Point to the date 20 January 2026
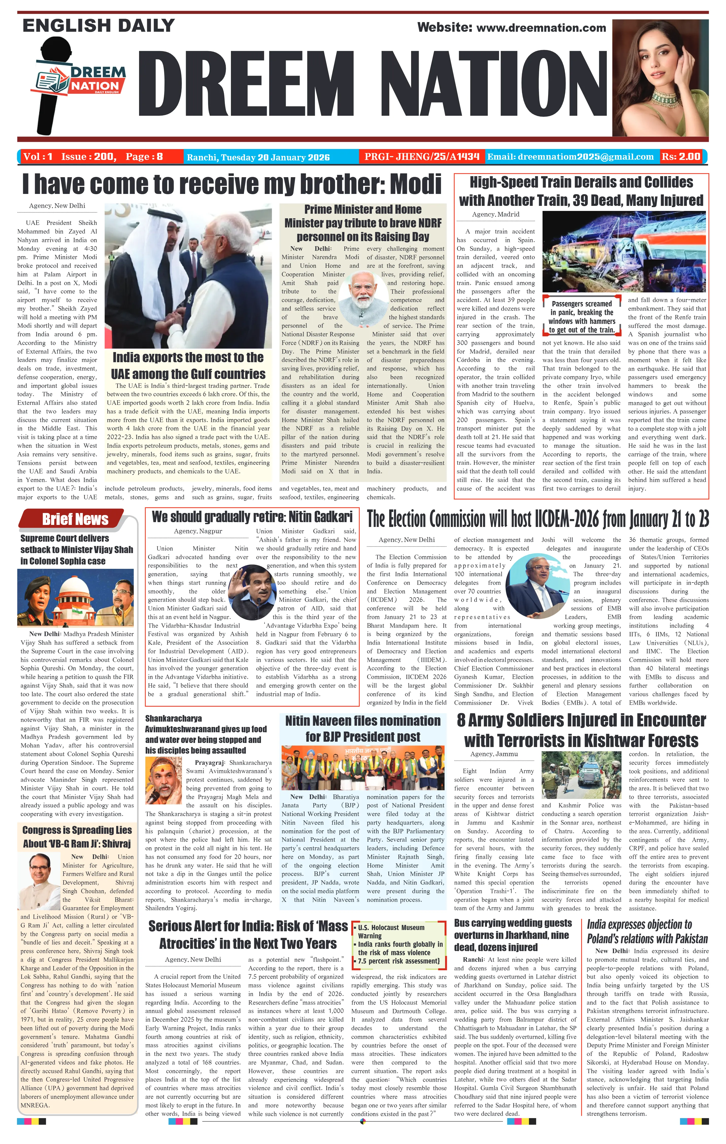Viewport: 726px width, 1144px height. click(293, 157)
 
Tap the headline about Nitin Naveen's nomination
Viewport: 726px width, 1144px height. click(363, 729)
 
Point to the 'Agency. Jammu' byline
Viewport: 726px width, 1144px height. click(494, 754)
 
